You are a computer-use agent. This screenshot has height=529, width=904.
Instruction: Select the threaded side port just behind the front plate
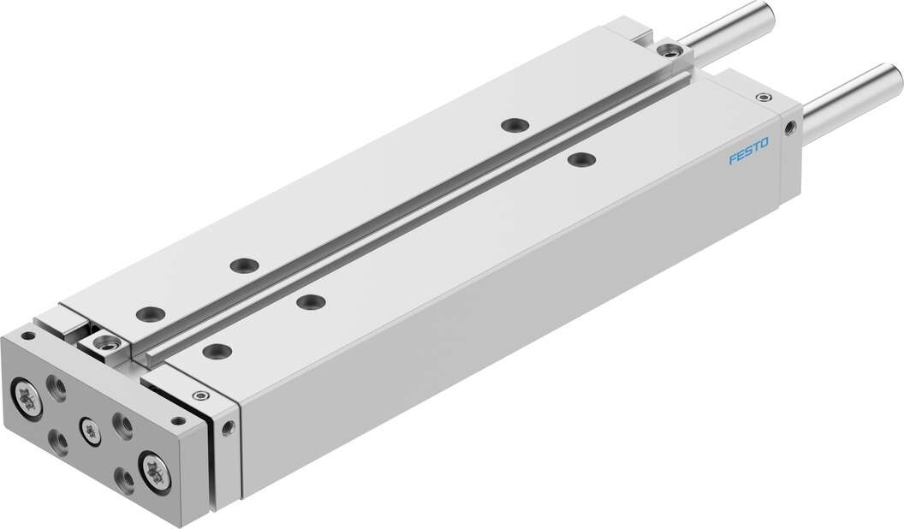(x=228, y=427)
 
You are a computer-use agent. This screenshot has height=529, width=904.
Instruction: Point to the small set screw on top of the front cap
(x=200, y=395)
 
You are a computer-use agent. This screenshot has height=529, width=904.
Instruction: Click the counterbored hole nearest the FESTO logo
(x=582, y=159)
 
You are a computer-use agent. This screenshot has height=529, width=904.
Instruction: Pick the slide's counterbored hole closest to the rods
(x=514, y=125)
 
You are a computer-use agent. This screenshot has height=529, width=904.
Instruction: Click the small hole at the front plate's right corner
(x=179, y=420)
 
